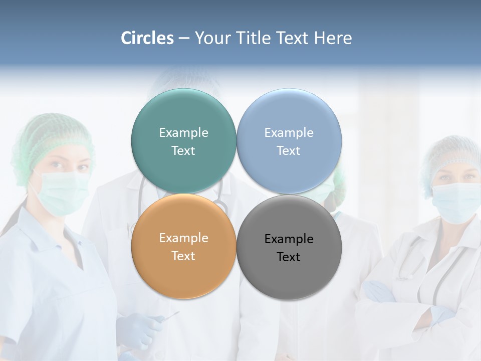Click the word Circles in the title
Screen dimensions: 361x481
[147, 38]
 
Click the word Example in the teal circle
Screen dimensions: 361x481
[183, 133]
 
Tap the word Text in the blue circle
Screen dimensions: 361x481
[289, 151]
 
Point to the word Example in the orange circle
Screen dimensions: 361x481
[183, 238]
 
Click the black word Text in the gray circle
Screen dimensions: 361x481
[289, 257]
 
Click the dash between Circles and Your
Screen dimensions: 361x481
[184, 39]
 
